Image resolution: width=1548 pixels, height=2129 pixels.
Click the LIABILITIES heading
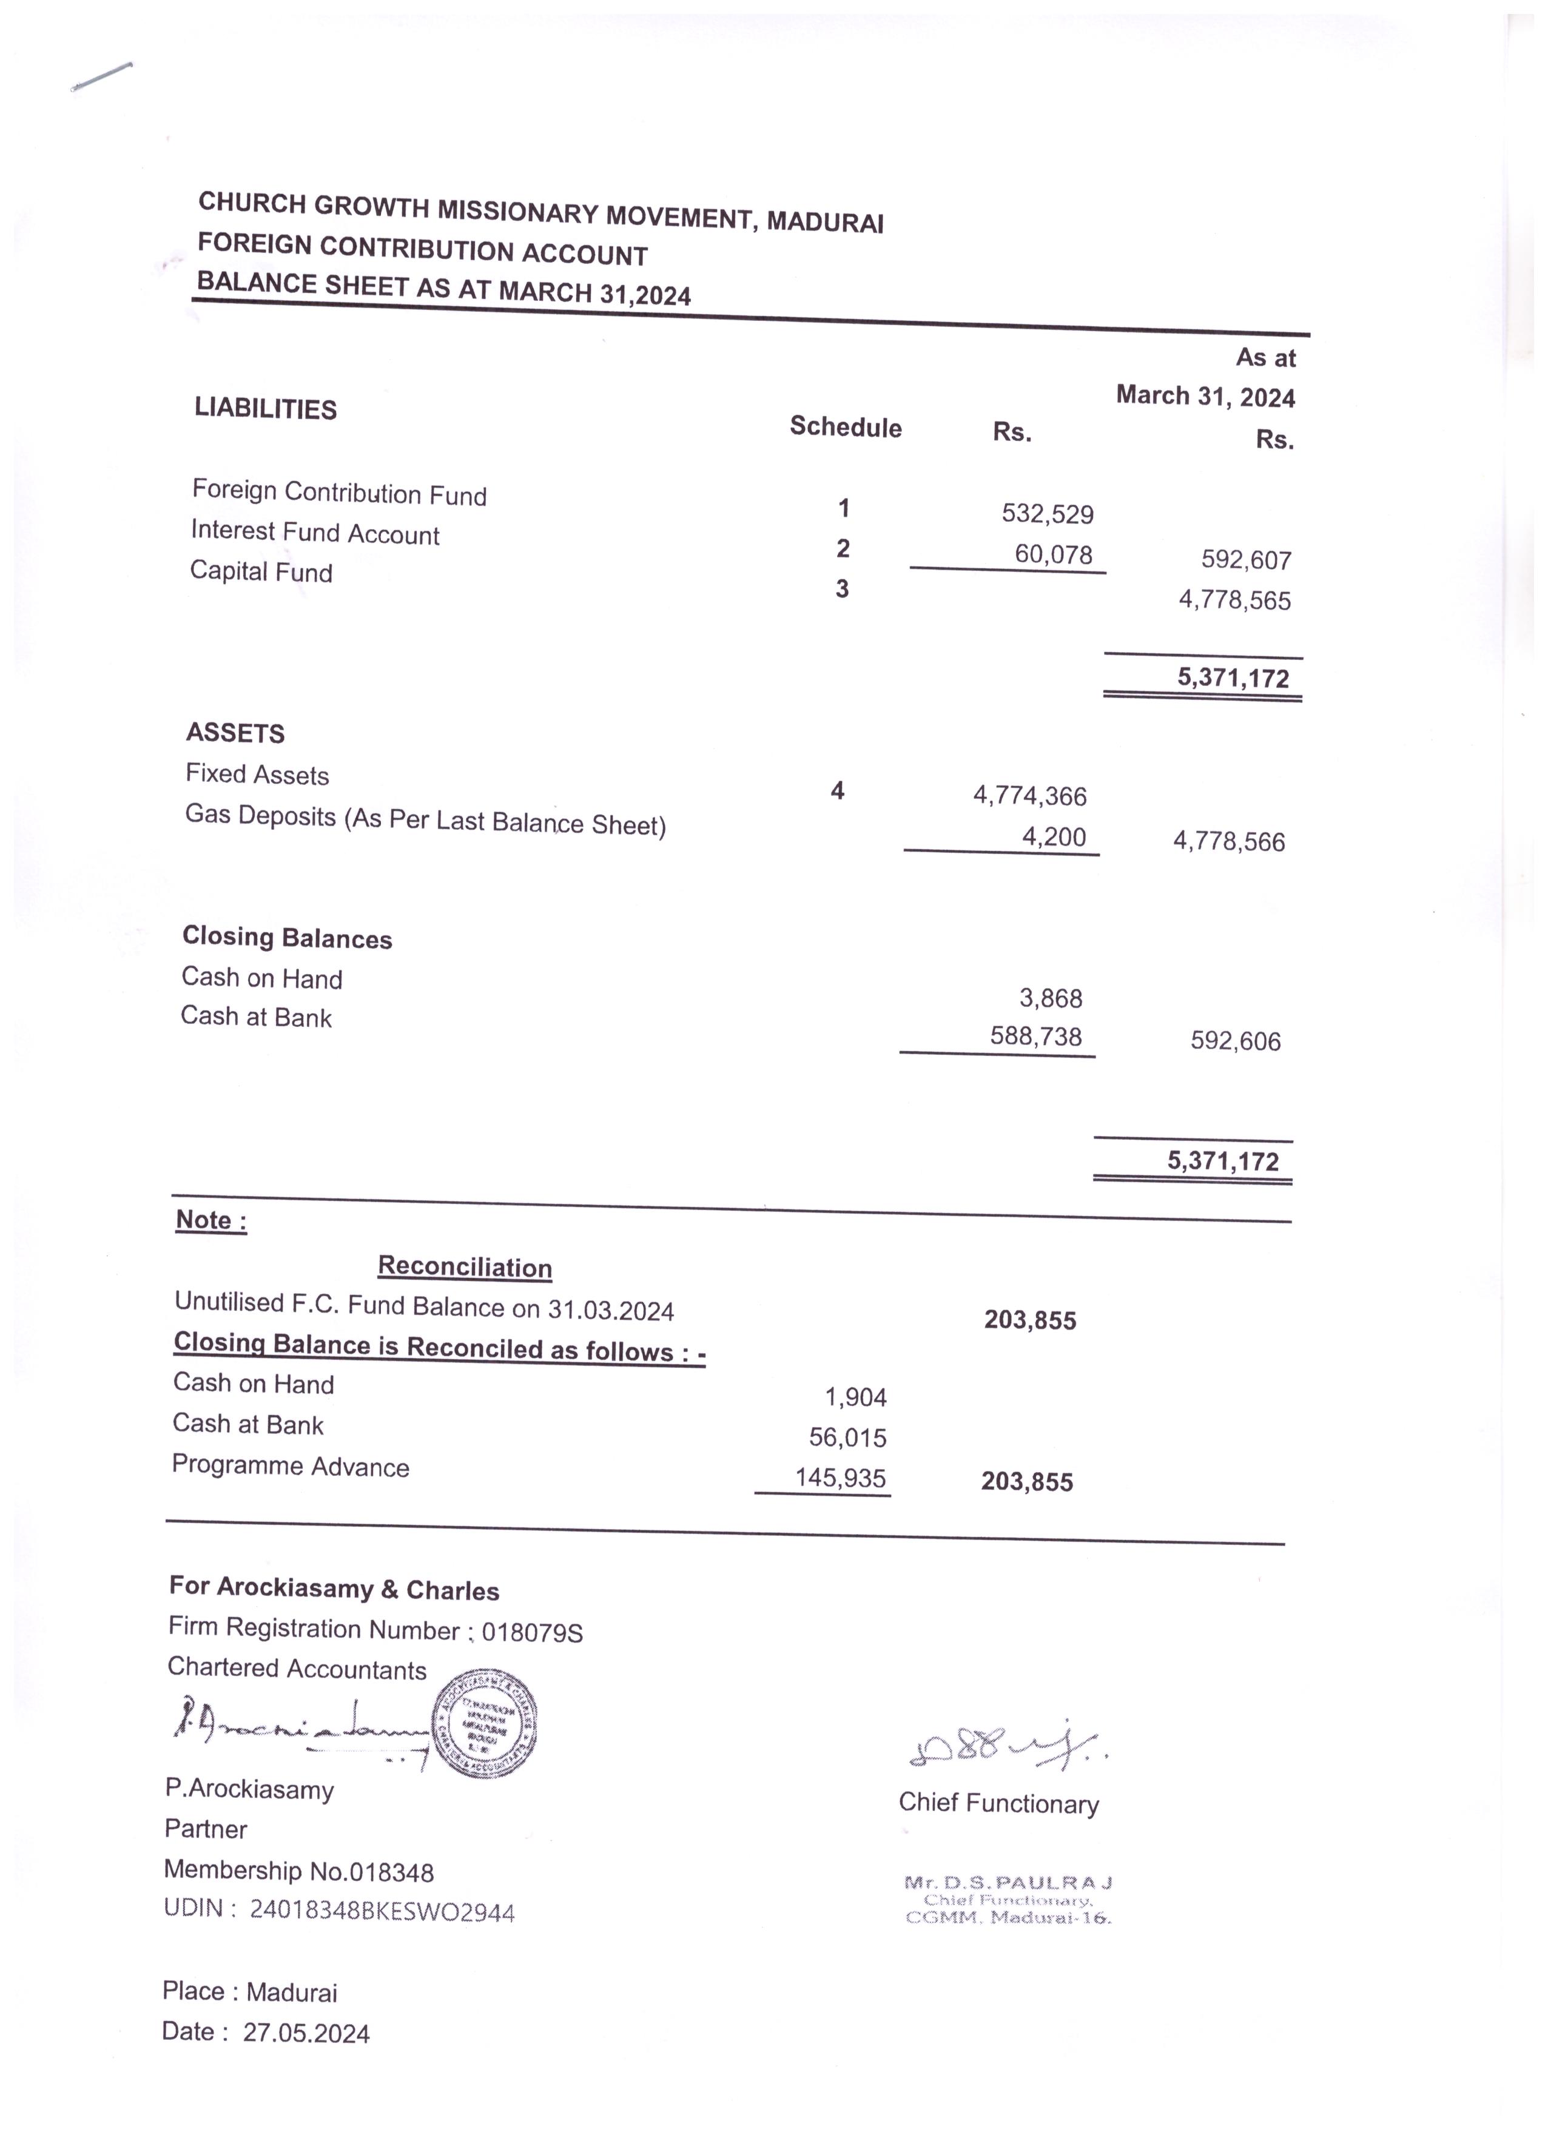(x=266, y=409)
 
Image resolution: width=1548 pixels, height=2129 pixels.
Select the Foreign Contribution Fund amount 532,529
(x=1047, y=514)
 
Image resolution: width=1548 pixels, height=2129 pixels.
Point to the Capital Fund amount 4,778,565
(x=1234, y=600)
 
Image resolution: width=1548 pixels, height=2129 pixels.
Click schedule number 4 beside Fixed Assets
(x=837, y=792)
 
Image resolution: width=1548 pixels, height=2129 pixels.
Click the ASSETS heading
(x=235, y=733)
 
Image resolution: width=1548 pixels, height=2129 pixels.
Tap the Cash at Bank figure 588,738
(x=1035, y=1037)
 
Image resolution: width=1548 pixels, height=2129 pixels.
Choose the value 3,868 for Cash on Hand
(x=1051, y=999)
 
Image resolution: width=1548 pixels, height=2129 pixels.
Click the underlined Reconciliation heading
(x=465, y=1267)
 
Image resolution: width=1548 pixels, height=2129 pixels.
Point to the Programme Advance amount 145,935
(x=840, y=1479)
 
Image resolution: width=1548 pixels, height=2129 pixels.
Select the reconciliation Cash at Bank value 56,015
(x=847, y=1437)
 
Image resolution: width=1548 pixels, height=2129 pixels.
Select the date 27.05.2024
(x=306, y=2033)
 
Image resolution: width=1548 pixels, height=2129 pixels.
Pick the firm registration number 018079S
(x=532, y=1633)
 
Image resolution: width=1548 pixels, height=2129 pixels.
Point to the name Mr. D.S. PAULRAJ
(x=1008, y=1881)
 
